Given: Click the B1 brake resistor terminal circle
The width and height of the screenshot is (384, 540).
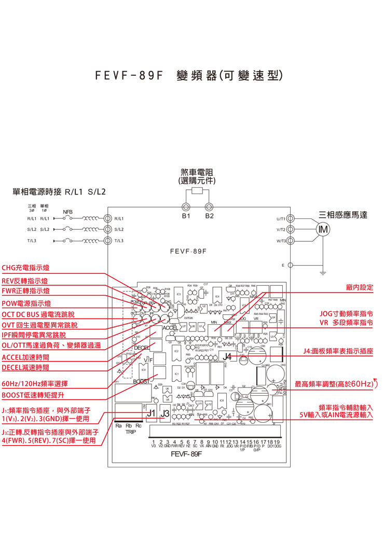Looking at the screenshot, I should click(186, 206).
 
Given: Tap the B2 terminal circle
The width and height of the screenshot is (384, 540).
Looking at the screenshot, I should click(209, 206).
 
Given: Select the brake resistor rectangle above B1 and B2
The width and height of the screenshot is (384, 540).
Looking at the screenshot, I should click(197, 191).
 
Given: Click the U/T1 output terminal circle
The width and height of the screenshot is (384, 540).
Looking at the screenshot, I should click(290, 218).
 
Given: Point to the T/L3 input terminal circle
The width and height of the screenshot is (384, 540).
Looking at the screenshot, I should click(108, 241).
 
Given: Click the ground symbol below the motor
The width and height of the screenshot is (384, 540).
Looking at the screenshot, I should click(323, 271).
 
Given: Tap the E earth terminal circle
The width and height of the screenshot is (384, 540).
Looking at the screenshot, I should click(290, 265).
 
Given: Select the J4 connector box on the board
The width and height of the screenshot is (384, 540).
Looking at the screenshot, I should click(228, 356).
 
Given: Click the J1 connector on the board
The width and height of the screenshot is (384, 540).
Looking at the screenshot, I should click(150, 413).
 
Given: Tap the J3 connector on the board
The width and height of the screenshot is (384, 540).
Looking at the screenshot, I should click(165, 413).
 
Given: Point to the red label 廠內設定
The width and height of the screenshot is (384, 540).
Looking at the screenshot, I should click(359, 287).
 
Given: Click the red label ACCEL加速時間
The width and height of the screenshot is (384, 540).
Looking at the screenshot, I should click(25, 358).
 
